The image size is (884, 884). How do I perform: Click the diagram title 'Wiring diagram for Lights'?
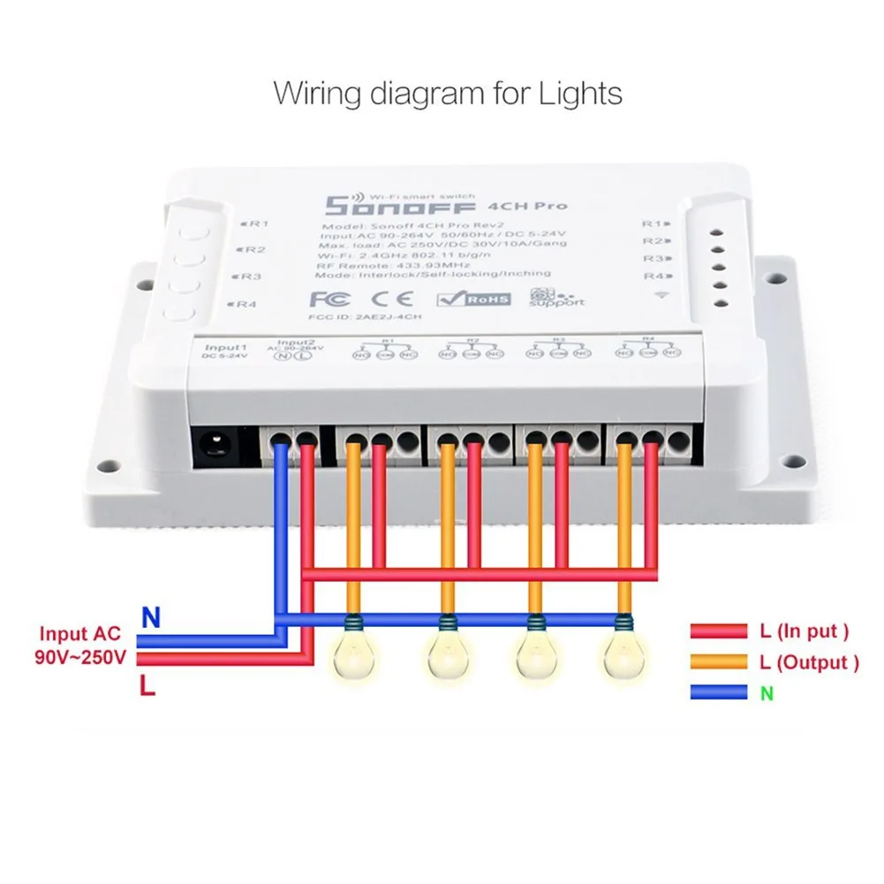[x=448, y=93]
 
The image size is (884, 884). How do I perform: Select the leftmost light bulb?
[x=352, y=652]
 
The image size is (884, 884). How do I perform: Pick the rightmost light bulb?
[x=624, y=652]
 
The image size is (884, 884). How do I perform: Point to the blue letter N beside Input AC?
[x=152, y=618]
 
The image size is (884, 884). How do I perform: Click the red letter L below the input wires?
[x=147, y=685]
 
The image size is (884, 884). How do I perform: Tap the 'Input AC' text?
[x=76, y=634]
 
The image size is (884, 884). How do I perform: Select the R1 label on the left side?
[x=257, y=224]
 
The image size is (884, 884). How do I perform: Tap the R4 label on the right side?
[x=654, y=276]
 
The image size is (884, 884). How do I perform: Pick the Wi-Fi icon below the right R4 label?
[x=662, y=295]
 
